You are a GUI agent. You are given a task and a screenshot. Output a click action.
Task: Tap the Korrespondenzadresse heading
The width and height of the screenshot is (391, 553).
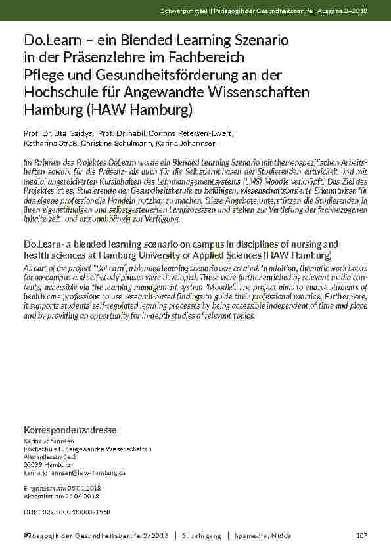[x=70, y=430]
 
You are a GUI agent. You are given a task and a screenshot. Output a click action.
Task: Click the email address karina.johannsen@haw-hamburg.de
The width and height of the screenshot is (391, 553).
[x=75, y=472]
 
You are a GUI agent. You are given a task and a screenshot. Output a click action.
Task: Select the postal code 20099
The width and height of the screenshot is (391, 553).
[x=32, y=464]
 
